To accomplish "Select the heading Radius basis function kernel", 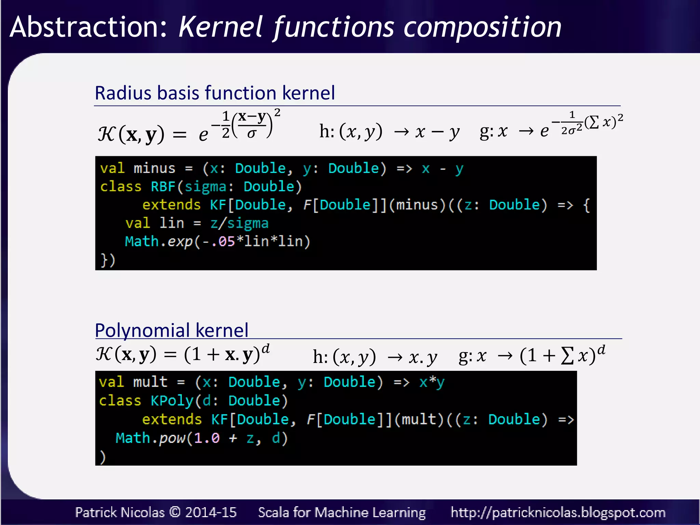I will (215, 93).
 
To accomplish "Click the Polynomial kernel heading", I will (171, 330).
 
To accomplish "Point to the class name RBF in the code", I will (163, 187).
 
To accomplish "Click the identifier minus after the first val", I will (154, 169).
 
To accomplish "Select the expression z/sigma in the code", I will (239, 223).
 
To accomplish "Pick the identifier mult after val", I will (150, 382).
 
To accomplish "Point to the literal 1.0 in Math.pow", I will (206, 438).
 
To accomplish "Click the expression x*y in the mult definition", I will (432, 382).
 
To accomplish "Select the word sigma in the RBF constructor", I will (205, 187).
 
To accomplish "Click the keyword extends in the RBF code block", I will (171, 205).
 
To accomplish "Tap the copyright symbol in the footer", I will (175, 512).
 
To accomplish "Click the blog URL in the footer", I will (558, 513).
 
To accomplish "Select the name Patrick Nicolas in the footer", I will (120, 512).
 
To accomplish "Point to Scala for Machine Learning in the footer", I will (342, 512).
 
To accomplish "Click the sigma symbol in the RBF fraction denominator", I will (252, 134).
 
